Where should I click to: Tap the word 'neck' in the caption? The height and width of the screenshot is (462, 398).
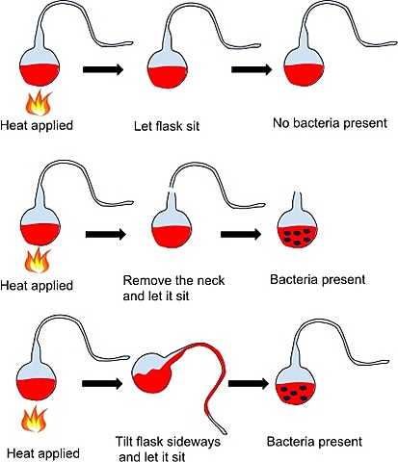pos(219,280)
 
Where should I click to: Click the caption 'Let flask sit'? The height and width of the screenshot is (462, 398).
pos(174,124)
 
